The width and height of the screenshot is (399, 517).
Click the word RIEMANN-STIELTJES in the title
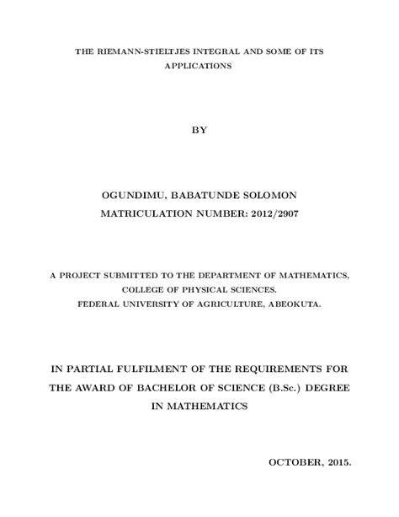coord(136,52)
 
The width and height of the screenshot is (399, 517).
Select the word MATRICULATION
coord(146,215)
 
